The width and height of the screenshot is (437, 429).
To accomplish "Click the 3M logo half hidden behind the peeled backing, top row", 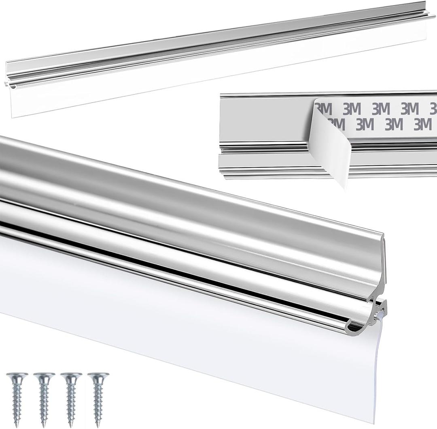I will click(x=324, y=109).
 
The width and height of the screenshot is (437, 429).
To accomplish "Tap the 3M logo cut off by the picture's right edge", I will click(x=433, y=109).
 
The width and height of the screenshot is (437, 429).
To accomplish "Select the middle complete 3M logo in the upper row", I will click(x=381, y=109).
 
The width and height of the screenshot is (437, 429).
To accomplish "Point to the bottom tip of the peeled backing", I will click(x=344, y=187).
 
